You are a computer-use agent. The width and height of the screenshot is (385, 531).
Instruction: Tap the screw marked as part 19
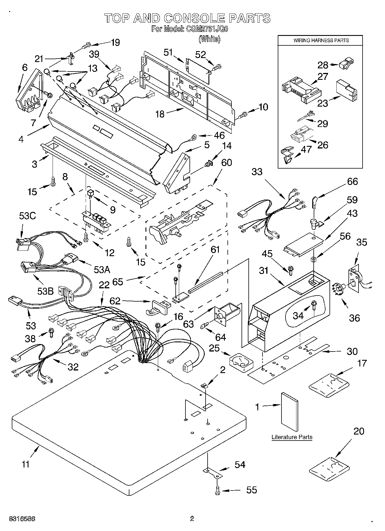[86, 45]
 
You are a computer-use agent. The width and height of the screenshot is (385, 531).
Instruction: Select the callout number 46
[219, 135]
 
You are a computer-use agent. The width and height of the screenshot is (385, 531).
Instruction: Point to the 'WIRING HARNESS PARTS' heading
[321, 40]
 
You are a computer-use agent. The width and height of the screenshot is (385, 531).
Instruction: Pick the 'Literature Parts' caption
[292, 437]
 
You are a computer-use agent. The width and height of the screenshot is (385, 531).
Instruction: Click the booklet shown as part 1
[289, 412]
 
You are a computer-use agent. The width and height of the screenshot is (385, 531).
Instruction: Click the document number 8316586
[22, 519]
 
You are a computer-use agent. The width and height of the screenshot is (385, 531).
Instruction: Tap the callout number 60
[227, 163]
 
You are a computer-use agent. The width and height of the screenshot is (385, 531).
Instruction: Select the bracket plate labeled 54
[212, 474]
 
